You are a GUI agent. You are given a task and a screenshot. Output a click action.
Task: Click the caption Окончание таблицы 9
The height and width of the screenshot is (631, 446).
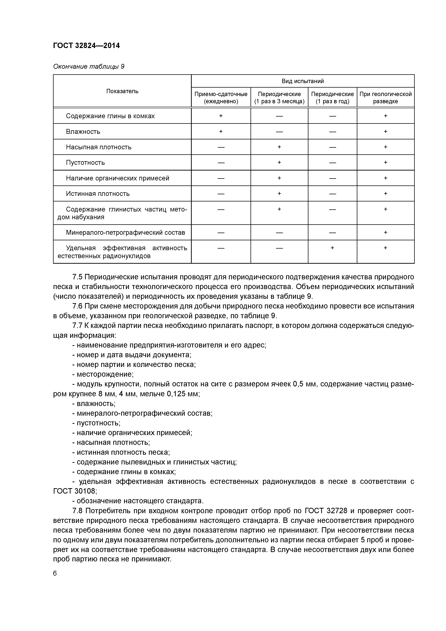(88, 67)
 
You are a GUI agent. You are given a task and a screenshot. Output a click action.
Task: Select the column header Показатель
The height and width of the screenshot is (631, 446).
(122, 91)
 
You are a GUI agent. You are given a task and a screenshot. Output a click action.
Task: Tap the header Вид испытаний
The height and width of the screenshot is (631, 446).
(302, 81)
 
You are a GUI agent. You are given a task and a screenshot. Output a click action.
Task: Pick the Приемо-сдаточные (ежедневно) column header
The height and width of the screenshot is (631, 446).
(221, 97)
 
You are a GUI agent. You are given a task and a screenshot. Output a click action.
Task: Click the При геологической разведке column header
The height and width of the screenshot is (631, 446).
(386, 97)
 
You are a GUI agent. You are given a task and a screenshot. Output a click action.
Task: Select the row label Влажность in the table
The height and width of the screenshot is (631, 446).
(83, 132)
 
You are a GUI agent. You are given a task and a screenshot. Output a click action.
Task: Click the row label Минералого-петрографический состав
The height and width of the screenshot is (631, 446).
(125, 233)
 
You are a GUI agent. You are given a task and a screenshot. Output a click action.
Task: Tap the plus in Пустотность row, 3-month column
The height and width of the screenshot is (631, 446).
(279, 162)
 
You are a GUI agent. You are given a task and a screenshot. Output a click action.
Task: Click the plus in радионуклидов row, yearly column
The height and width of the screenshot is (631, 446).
(332, 248)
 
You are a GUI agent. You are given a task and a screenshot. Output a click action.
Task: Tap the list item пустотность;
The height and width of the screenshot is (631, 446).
(98, 423)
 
